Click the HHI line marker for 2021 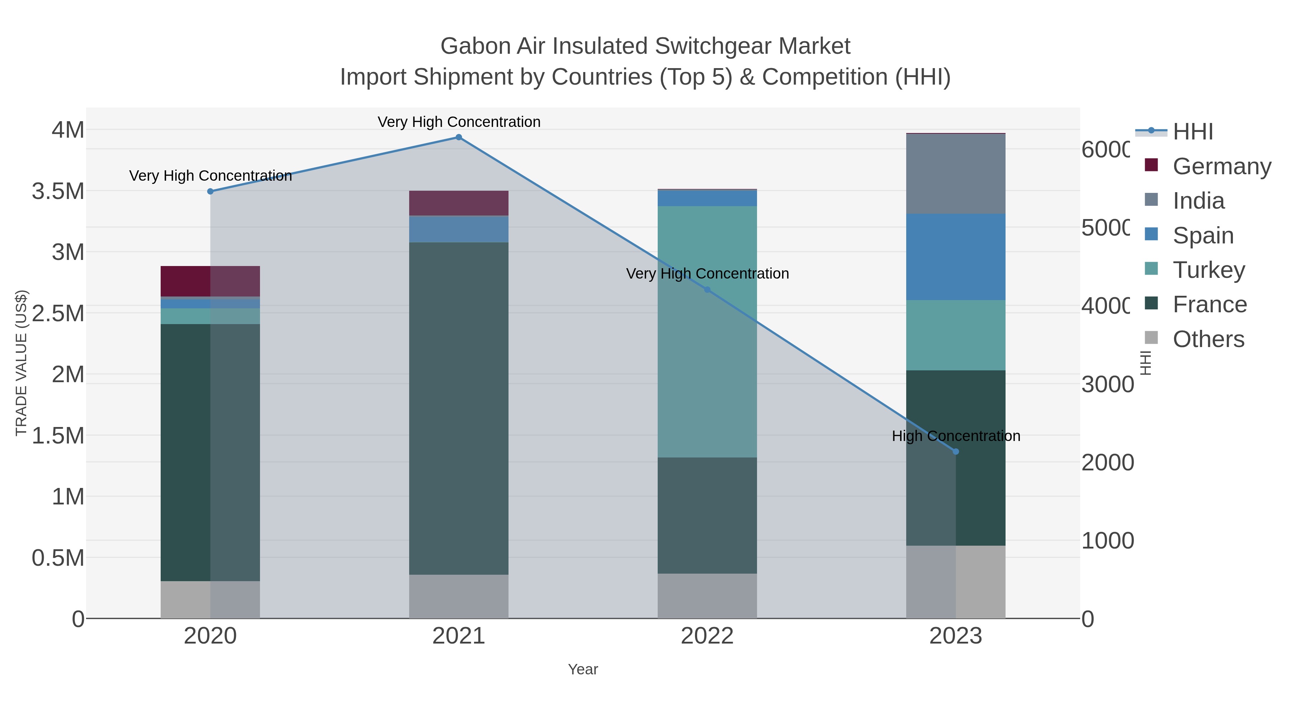[x=459, y=137]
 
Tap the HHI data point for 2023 [x=956, y=451]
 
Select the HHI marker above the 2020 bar [x=211, y=191]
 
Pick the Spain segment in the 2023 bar [x=956, y=257]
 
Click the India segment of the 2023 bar [x=956, y=174]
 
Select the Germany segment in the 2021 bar [x=459, y=203]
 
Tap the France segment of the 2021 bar [x=459, y=408]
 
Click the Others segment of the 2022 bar [x=707, y=596]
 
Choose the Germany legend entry [x=1222, y=166]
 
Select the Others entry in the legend [x=1208, y=339]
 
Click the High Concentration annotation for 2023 [x=956, y=436]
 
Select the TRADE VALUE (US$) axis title [x=21, y=363]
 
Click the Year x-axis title [x=583, y=669]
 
